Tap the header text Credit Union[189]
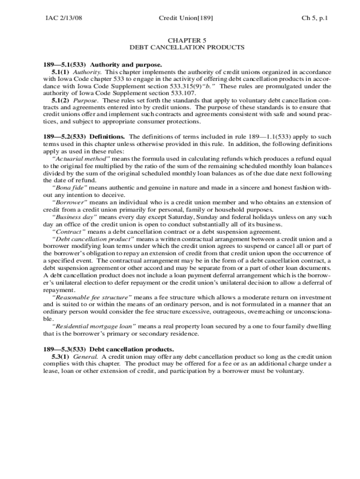coord(186,18)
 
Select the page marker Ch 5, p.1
coord(314,18)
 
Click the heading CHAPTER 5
coord(187,40)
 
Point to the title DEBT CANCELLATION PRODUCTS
coord(187,48)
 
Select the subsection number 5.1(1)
coord(61,73)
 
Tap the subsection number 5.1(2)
coord(61,101)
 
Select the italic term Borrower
coord(70,203)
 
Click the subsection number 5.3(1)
coord(61,356)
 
